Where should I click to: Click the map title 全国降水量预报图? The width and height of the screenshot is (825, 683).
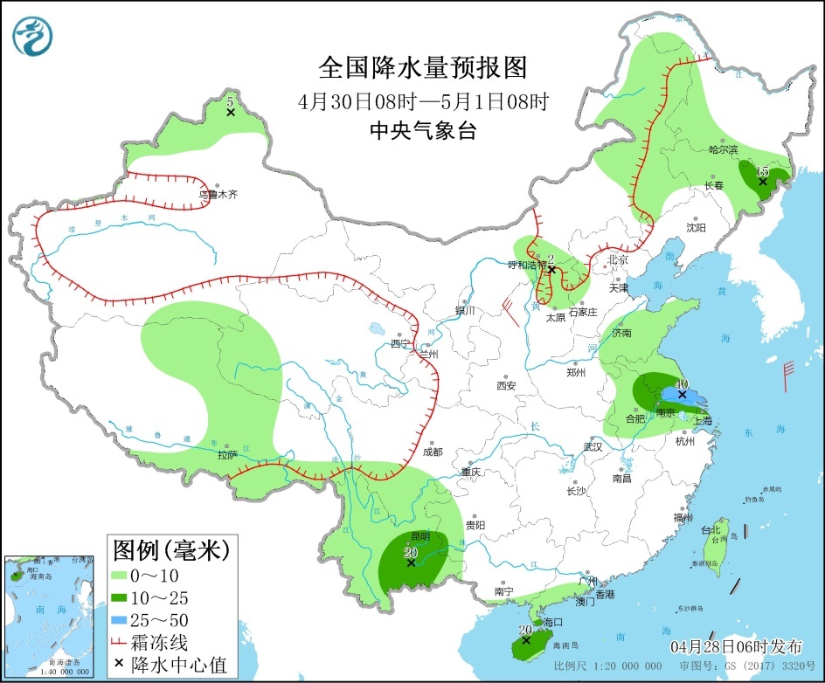pos(423,67)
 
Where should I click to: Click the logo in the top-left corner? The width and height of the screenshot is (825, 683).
pos(33,36)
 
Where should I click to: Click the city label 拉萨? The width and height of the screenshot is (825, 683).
pos(227,454)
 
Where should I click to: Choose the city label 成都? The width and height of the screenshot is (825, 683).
pos(432,452)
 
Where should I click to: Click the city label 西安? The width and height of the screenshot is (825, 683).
pos(507,385)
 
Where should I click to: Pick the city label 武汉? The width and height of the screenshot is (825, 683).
pos(594,447)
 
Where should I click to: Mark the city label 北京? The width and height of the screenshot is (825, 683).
pos(618,259)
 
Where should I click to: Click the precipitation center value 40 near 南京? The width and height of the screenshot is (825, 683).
pos(682,383)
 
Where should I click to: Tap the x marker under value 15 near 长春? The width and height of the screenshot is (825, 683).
pos(763,182)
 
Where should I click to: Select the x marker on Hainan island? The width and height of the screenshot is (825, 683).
pos(525,640)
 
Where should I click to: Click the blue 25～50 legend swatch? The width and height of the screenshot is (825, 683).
pos(121,620)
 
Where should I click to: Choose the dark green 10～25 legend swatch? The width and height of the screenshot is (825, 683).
pos(121,597)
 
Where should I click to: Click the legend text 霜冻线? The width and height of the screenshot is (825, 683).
pos(159,643)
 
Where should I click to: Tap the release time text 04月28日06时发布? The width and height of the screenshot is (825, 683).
pos(736,647)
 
